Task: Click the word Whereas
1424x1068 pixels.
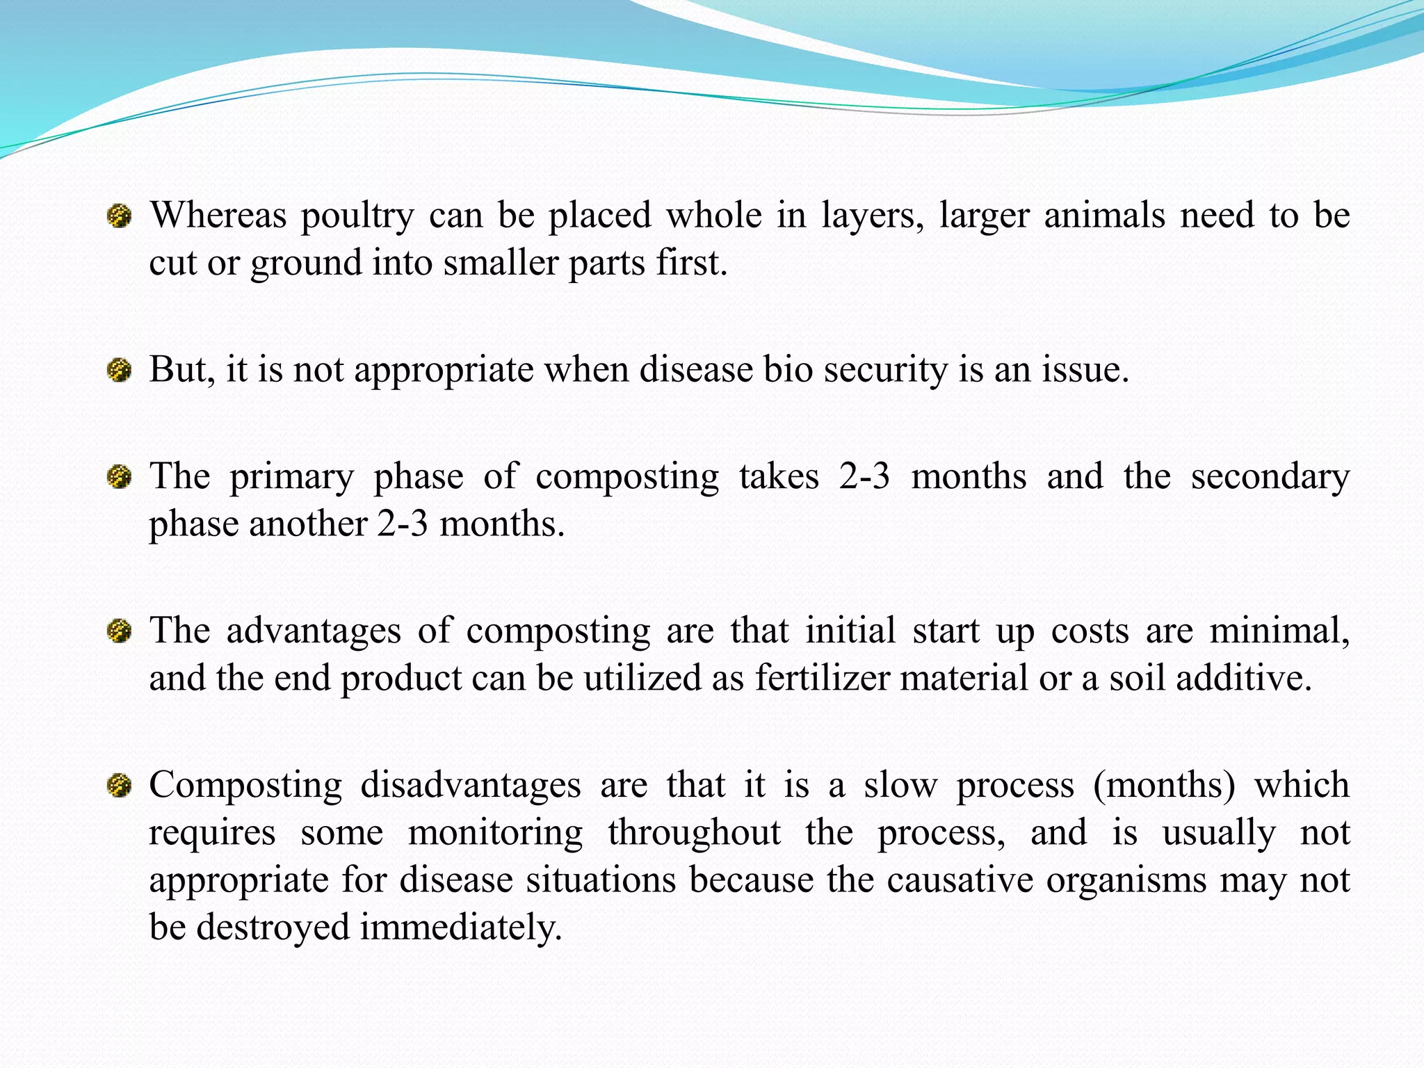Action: (218, 215)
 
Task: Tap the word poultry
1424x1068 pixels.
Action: (357, 216)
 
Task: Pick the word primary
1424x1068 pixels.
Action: (292, 478)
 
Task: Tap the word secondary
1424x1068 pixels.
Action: (1270, 478)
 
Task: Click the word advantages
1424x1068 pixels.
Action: (314, 631)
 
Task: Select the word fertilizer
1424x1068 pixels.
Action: (822, 678)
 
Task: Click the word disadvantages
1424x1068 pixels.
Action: (471, 786)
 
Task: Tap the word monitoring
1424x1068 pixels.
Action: (495, 833)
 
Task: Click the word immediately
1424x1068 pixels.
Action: (461, 928)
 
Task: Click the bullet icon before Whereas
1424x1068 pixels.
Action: (119, 216)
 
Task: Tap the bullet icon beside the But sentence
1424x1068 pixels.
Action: (119, 370)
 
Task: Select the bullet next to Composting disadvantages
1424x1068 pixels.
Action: (119, 786)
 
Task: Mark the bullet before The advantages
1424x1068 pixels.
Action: (119, 631)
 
